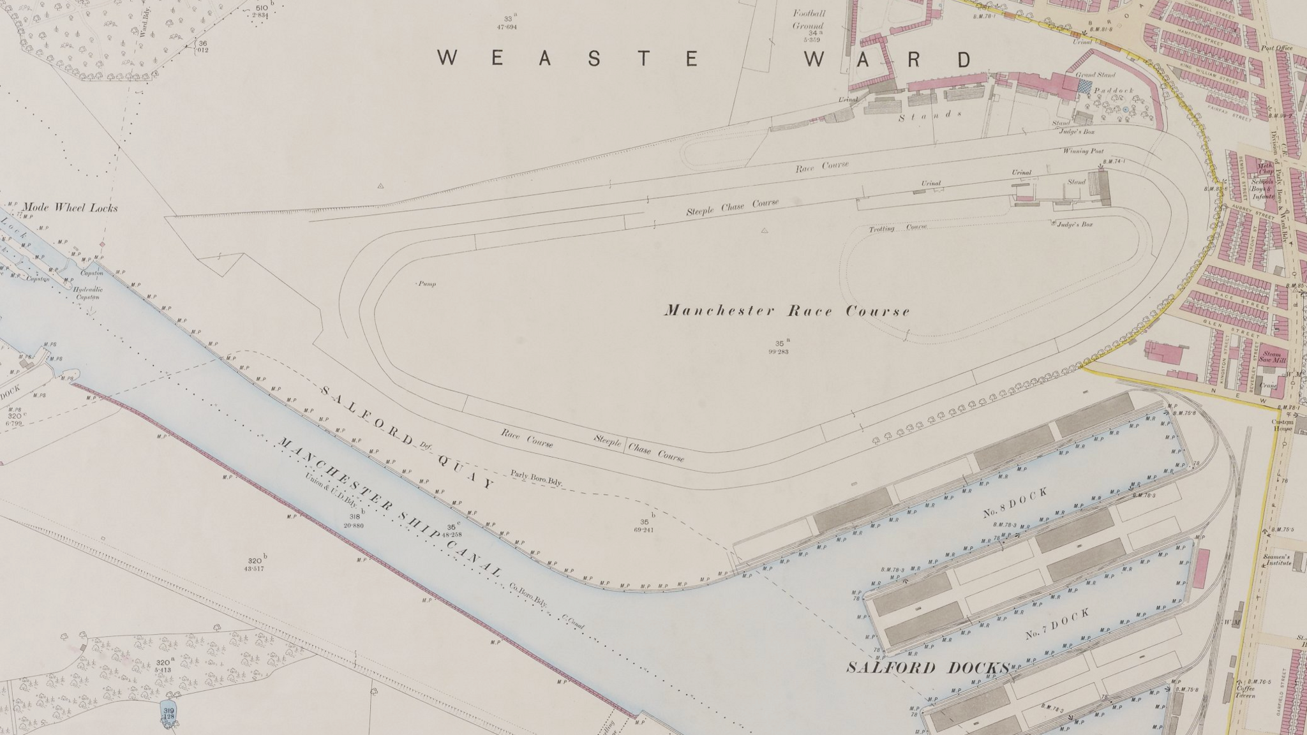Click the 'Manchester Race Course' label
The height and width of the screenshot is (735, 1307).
787,311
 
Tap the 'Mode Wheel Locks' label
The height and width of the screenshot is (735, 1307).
70,207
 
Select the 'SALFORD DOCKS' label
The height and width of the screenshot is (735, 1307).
929,668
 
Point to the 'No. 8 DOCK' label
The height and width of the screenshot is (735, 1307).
1015,503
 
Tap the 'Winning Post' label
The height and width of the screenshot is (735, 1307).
1083,151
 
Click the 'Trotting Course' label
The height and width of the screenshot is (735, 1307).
897,228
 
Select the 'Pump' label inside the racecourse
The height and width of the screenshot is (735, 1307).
427,284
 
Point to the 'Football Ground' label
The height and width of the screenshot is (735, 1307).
809,19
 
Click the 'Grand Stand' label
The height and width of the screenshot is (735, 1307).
1095,75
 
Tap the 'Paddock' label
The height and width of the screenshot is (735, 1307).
1114,91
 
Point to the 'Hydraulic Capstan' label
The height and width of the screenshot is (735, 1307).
88,293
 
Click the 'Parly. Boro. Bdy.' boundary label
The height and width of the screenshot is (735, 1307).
536,478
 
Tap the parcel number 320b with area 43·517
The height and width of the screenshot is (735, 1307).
254,565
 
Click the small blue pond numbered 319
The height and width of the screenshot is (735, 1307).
168,713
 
